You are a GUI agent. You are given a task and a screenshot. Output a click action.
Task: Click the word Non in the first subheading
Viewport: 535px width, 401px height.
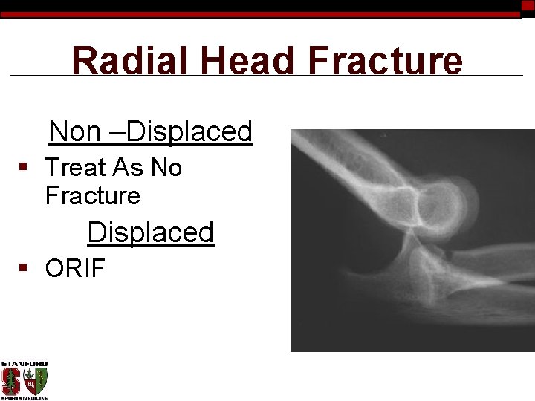point(74,132)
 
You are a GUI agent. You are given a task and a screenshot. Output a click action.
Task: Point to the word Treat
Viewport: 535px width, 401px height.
point(77,168)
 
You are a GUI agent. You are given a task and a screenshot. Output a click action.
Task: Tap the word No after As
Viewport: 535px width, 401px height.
point(166,168)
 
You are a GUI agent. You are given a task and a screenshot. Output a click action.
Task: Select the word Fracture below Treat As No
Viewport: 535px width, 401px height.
point(92,196)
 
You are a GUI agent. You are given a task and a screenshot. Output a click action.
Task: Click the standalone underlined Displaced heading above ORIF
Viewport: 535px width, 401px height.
point(150,232)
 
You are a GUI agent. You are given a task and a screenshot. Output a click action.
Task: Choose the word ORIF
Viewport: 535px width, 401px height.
point(75,269)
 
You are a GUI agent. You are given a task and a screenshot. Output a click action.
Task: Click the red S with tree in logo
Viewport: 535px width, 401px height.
point(10,381)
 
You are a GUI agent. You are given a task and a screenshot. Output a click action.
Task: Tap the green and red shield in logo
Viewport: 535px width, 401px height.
point(36,381)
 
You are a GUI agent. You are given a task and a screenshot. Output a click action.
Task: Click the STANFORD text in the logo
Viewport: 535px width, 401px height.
point(24,365)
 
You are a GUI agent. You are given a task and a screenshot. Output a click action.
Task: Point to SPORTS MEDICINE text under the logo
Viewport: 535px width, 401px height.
point(24,397)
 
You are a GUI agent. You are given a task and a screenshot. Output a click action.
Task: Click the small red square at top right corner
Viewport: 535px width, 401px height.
point(528,5)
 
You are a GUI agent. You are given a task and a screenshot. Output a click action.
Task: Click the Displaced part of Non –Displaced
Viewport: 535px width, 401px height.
point(190,132)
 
